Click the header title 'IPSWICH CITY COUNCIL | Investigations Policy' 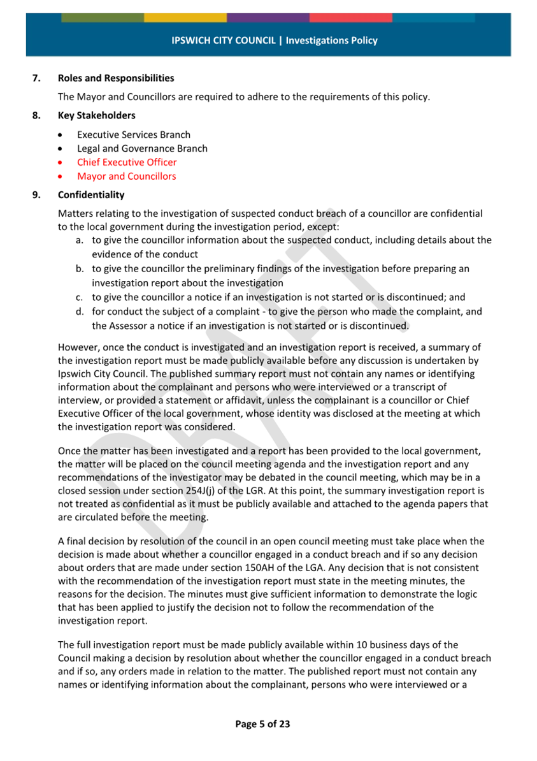pyautogui.click(x=274, y=40)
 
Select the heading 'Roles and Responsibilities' pyautogui.click(x=115, y=78)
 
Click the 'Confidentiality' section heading pyautogui.click(x=90, y=194)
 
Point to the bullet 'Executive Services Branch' pyautogui.click(x=133, y=134)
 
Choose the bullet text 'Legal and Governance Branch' pyautogui.click(x=142, y=149)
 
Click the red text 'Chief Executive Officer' pyautogui.click(x=127, y=162)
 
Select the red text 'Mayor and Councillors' pyautogui.click(x=126, y=176)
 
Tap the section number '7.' pyautogui.click(x=37, y=78)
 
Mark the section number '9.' pyautogui.click(x=37, y=194)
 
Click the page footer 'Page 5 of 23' pyautogui.click(x=262, y=724)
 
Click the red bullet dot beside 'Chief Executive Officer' pyautogui.click(x=60, y=163)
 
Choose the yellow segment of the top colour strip pyautogui.click(x=185, y=17)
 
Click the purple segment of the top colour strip pyautogui.click(x=268, y=17)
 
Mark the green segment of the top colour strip pyautogui.click(x=103, y=17)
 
